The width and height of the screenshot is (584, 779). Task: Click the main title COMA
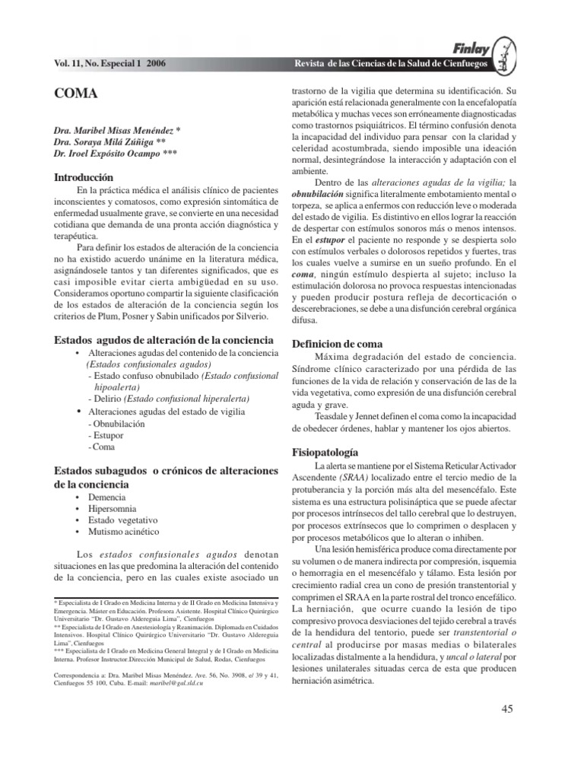77,94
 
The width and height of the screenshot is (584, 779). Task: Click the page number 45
509,710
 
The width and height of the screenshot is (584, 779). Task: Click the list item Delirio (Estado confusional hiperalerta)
168,399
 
